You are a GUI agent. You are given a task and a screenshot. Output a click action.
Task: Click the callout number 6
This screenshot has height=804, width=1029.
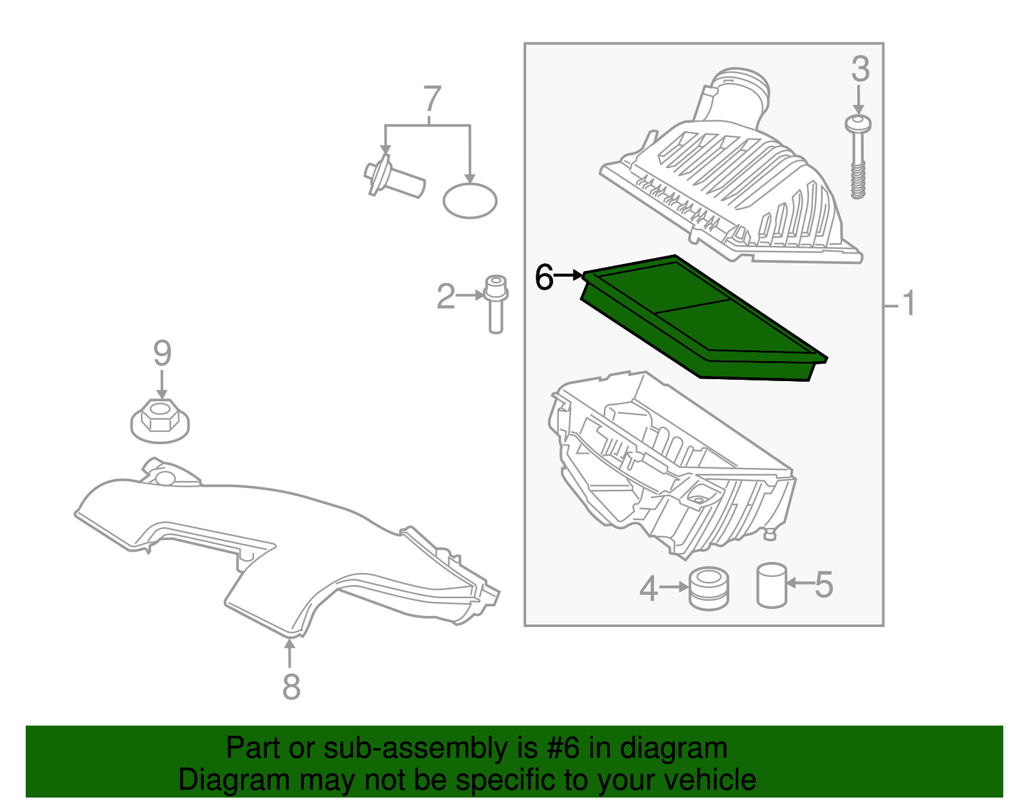point(544,278)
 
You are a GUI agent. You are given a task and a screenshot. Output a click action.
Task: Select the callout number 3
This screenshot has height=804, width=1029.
point(860,70)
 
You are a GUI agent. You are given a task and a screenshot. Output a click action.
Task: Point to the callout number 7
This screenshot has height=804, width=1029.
point(432,100)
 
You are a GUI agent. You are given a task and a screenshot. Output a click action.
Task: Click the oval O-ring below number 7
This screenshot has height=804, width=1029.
point(470,200)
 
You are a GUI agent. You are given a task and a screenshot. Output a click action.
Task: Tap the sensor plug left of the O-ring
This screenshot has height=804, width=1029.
point(394,178)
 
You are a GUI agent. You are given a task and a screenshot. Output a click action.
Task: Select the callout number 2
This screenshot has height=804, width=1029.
point(446,297)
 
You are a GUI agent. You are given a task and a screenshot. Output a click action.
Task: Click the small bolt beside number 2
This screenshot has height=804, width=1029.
point(495,304)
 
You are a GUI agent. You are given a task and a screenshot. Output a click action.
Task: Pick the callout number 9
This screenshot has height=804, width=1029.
point(162,353)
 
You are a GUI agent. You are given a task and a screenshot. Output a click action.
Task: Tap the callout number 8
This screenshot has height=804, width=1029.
point(291,687)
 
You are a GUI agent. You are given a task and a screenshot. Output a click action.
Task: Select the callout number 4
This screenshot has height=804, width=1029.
point(648,588)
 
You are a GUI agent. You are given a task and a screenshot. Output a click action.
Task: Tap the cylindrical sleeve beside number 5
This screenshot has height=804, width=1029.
point(772,585)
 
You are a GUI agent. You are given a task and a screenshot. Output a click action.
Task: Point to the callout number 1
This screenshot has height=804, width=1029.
point(908,303)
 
